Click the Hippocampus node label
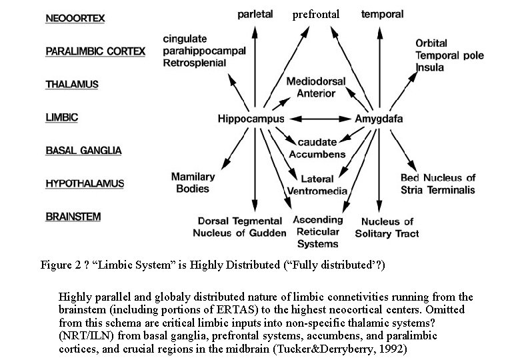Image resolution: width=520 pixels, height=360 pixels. [251, 119]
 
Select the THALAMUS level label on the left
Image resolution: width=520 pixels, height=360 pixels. [72, 85]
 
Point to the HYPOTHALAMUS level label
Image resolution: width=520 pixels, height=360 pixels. [84, 183]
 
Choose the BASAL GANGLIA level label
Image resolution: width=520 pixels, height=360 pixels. [83, 151]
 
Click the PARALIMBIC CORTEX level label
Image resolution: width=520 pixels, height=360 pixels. [95, 51]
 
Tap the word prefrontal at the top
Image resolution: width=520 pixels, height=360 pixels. [316, 14]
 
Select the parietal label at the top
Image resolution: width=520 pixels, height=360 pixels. [255, 15]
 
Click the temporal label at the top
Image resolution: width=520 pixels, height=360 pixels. [381, 14]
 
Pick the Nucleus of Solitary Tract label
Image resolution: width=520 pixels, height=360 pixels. [387, 227]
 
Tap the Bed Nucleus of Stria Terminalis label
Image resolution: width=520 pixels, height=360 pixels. [438, 183]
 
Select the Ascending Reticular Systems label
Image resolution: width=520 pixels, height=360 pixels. [317, 231]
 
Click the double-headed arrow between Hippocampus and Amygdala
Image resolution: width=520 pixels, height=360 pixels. [320, 119]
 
